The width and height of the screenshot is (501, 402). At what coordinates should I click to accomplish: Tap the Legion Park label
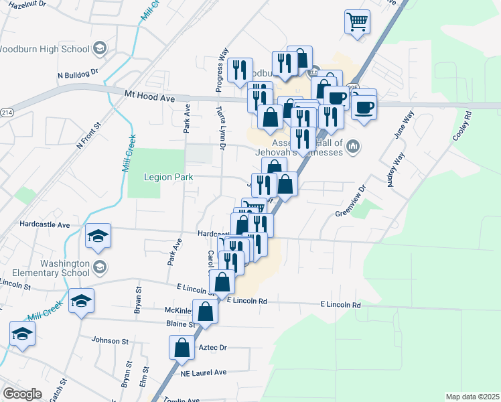[x=169, y=177]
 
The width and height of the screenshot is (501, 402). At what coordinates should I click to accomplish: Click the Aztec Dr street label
[x=213, y=348]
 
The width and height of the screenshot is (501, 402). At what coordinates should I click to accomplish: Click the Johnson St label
[x=110, y=341]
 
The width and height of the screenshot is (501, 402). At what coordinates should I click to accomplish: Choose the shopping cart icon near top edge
[x=357, y=21]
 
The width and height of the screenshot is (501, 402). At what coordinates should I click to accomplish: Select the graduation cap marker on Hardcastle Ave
[x=98, y=236]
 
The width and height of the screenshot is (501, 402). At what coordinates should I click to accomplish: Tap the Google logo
[x=22, y=393]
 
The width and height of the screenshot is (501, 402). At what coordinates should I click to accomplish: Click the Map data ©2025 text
[x=472, y=397]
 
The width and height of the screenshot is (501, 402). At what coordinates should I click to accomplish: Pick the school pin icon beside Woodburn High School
[x=100, y=48]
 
